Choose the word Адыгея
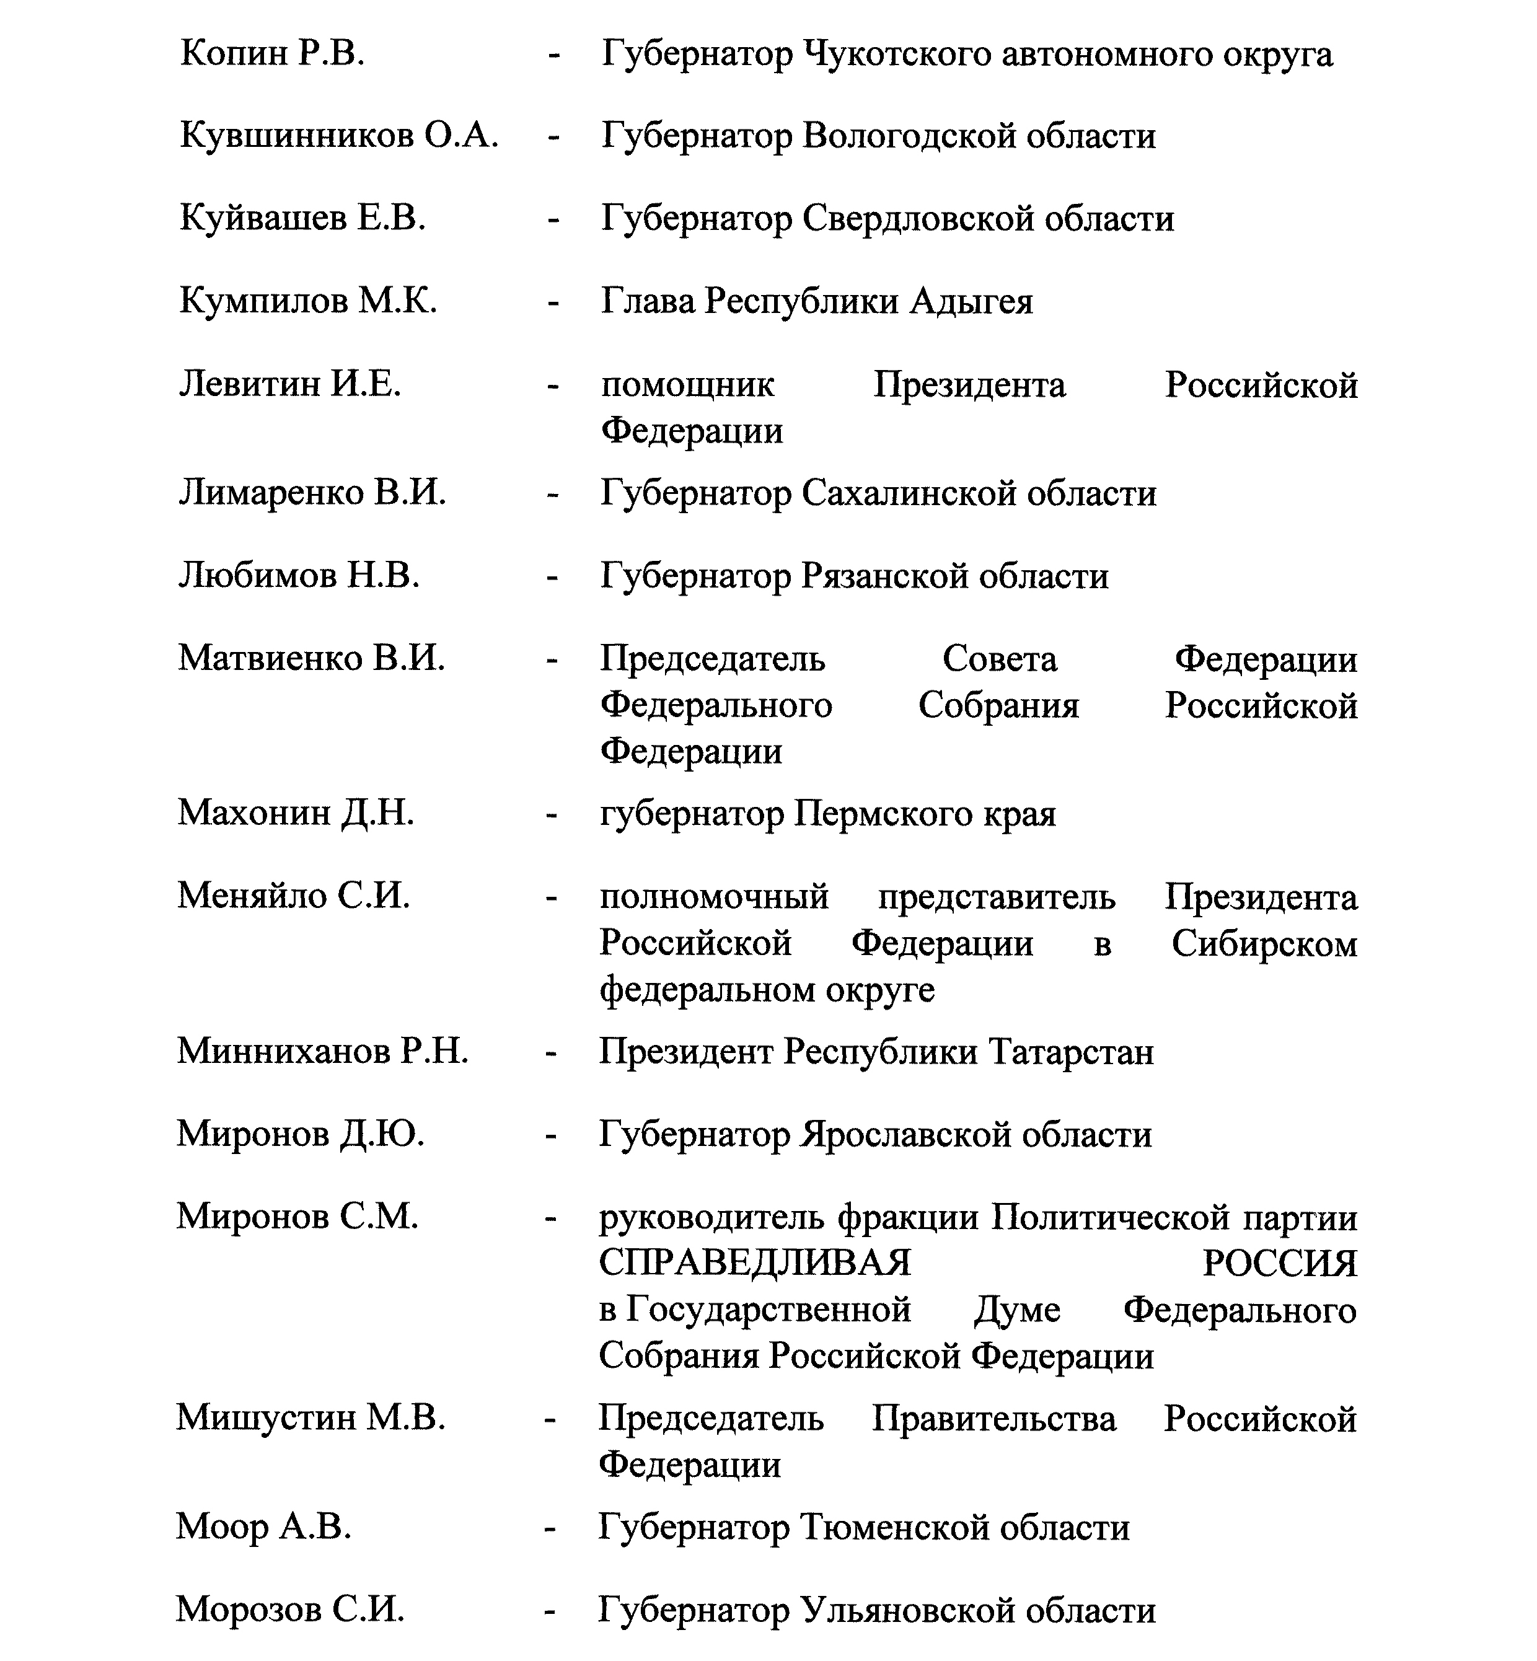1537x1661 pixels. (971, 301)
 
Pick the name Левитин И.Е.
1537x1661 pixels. (290, 384)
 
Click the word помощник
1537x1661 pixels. (687, 385)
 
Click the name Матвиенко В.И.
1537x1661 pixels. (311, 658)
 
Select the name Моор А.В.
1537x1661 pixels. (263, 1527)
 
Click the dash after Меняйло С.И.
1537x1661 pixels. (550, 897)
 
